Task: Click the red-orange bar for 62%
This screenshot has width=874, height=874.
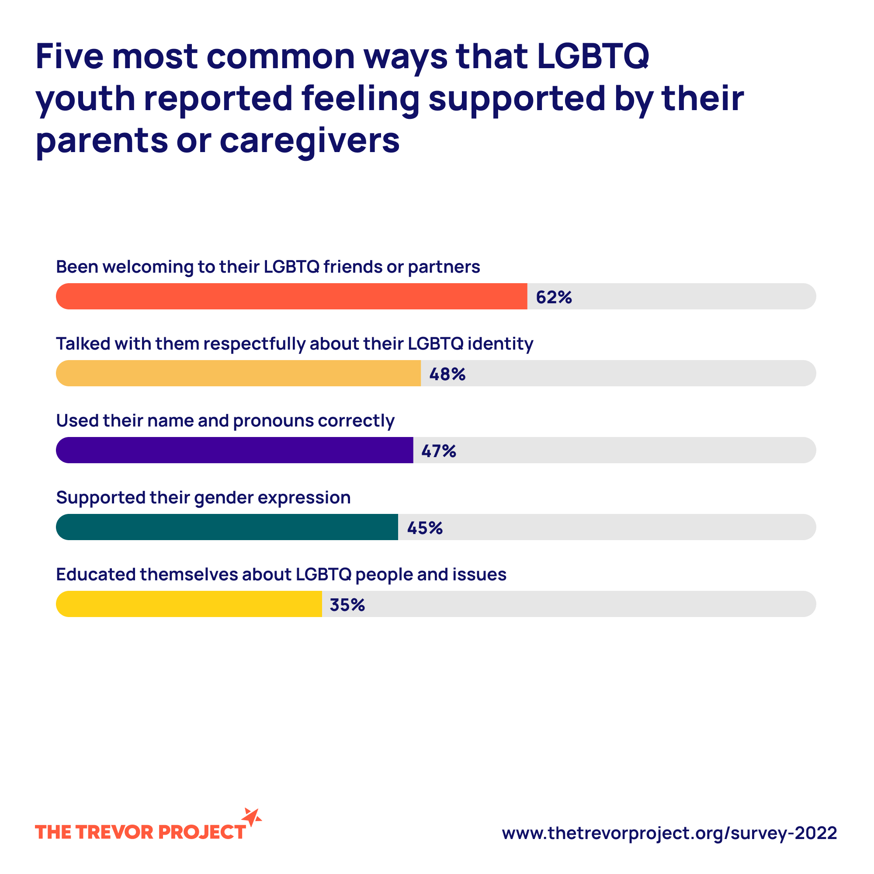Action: [292, 296]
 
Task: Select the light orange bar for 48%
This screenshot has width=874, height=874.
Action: [239, 373]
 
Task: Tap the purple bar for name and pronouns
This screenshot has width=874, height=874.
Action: [234, 450]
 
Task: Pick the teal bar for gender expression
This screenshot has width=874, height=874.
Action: [227, 527]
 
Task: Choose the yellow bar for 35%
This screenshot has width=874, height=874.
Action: [189, 604]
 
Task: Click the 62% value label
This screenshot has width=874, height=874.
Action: [554, 297]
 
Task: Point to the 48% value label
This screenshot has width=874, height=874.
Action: [447, 374]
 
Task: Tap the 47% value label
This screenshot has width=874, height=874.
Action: [438, 451]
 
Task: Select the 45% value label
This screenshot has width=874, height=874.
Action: [424, 528]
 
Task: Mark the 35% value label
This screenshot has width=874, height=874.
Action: [347, 605]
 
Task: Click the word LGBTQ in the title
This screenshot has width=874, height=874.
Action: [593, 56]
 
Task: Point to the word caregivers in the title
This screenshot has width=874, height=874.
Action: [309, 140]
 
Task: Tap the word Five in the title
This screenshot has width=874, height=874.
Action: [69, 56]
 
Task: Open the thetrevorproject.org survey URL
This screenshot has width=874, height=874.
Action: [669, 833]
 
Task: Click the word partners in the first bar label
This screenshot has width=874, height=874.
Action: [444, 267]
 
